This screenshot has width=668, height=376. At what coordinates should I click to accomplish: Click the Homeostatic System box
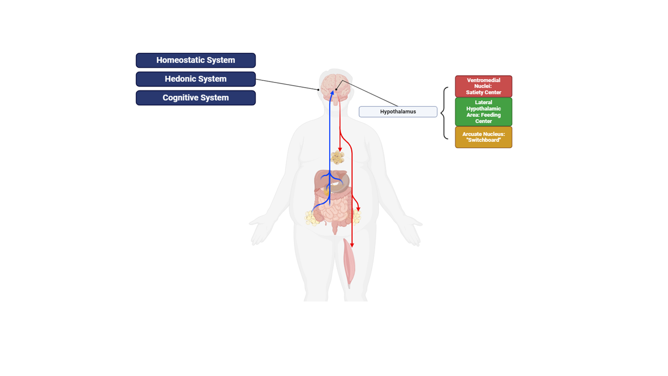pos(196,60)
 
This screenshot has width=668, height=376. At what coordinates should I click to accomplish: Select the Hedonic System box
pos(196,79)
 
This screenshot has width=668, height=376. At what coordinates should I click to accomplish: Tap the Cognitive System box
pos(196,98)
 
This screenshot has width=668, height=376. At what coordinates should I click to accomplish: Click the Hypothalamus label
pos(398,112)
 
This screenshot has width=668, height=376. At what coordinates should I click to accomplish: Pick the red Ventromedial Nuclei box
pos(483,86)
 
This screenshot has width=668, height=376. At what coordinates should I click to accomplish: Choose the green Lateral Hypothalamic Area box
pos(483,112)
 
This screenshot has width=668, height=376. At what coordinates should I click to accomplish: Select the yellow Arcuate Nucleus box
pos(483,137)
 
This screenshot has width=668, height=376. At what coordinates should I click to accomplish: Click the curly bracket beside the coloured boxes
pos(444,113)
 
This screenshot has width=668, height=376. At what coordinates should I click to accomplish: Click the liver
pos(323,183)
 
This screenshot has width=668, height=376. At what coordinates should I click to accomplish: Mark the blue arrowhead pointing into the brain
pos(331,92)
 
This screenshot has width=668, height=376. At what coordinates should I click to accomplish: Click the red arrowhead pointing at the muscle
pos(352,245)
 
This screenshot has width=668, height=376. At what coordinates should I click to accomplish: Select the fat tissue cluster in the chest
pos(338,157)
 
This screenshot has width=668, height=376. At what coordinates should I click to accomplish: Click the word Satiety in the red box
pos(475,92)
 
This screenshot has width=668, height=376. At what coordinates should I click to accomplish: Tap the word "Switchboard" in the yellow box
pos(484,140)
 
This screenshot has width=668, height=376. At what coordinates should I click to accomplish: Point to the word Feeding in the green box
pos(491,115)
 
